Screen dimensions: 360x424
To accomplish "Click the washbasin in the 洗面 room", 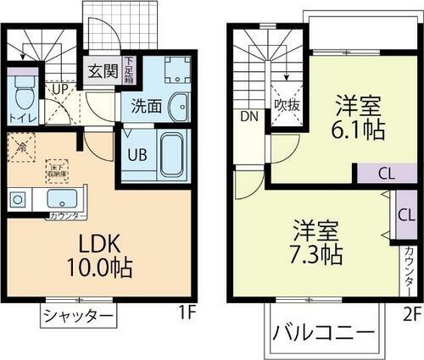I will coord(179,106).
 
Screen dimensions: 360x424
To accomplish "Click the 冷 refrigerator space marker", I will coord(20,147).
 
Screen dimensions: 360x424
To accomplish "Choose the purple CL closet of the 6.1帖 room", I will coord(385,174).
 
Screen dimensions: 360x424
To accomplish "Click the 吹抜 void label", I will coord(284,107).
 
